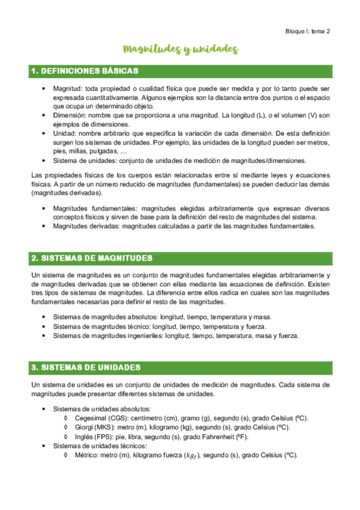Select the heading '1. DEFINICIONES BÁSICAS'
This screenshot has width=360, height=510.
pyautogui.click(x=85, y=72)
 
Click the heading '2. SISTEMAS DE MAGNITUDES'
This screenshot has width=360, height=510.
pyautogui.click(x=91, y=258)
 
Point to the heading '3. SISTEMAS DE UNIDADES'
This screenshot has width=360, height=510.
pyautogui.click(x=85, y=367)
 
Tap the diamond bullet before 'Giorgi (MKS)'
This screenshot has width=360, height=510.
pyautogui.click(x=66, y=427)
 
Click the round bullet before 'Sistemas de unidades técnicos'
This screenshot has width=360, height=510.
pyautogui.click(x=46, y=446)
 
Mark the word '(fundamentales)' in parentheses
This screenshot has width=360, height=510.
pyautogui.click(x=201, y=184)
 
